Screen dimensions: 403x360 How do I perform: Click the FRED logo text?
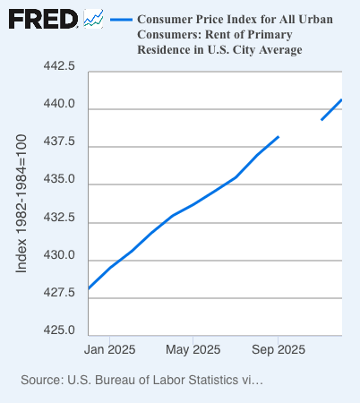pos(42,19)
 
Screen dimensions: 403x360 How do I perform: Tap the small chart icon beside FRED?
pos(93,18)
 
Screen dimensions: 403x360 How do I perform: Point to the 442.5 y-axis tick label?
pos(56,67)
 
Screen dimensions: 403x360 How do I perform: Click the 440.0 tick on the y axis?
pos(56,105)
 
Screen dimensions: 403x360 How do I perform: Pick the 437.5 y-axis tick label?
pos(56,142)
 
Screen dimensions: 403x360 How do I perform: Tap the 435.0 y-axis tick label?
pos(56,180)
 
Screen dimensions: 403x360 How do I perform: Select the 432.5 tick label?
pos(56,218)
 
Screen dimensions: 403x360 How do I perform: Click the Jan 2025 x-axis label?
pos(109,348)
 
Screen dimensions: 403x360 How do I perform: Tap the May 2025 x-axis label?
pos(193,348)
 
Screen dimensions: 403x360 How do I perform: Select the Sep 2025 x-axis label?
pos(278,348)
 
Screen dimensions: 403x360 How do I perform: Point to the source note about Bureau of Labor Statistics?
pos(141,381)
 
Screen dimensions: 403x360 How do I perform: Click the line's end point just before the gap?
pos(279,137)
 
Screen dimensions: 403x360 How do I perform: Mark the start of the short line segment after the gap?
pos(321,119)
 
